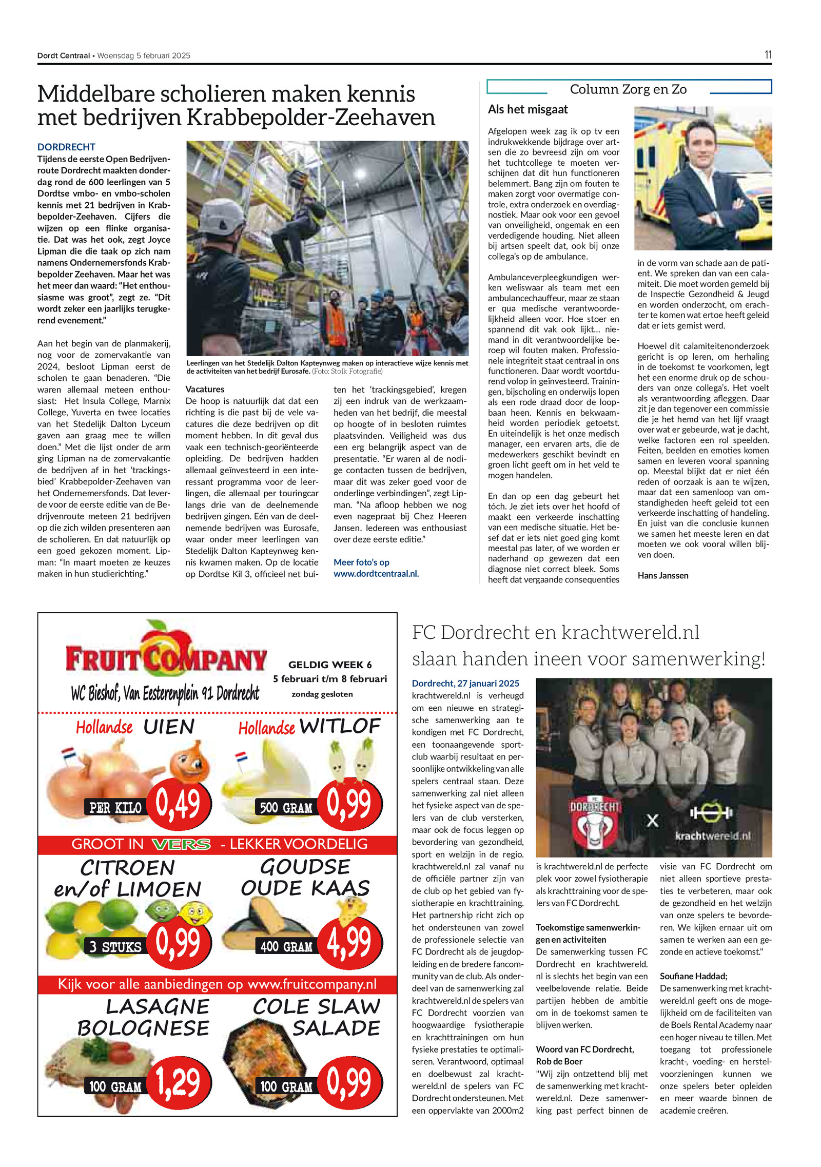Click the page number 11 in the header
pos(767,55)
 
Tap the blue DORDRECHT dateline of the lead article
pos(66,147)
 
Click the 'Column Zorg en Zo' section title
pos(628,89)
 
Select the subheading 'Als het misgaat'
pos(527,109)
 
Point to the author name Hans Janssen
pos(662,575)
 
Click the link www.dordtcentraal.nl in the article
pos(376,574)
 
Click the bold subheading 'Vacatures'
pos(205,389)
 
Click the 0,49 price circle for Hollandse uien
pos(178,804)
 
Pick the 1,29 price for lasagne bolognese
pos(178,1082)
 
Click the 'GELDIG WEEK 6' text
pos(330,665)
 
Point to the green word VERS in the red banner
pos(182,844)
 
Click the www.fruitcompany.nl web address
pos(312,984)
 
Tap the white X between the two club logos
pos(652,821)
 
